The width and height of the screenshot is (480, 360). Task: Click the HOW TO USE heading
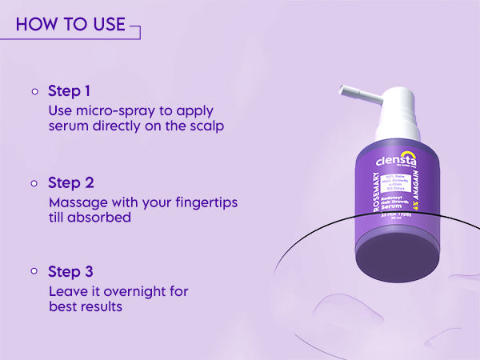(x=70, y=24)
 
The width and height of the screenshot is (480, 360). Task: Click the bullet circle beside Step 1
(x=35, y=91)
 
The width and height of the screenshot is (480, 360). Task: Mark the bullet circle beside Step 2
(x=35, y=183)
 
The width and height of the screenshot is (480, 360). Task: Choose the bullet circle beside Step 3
(x=35, y=272)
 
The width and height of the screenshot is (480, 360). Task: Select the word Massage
(x=77, y=203)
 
